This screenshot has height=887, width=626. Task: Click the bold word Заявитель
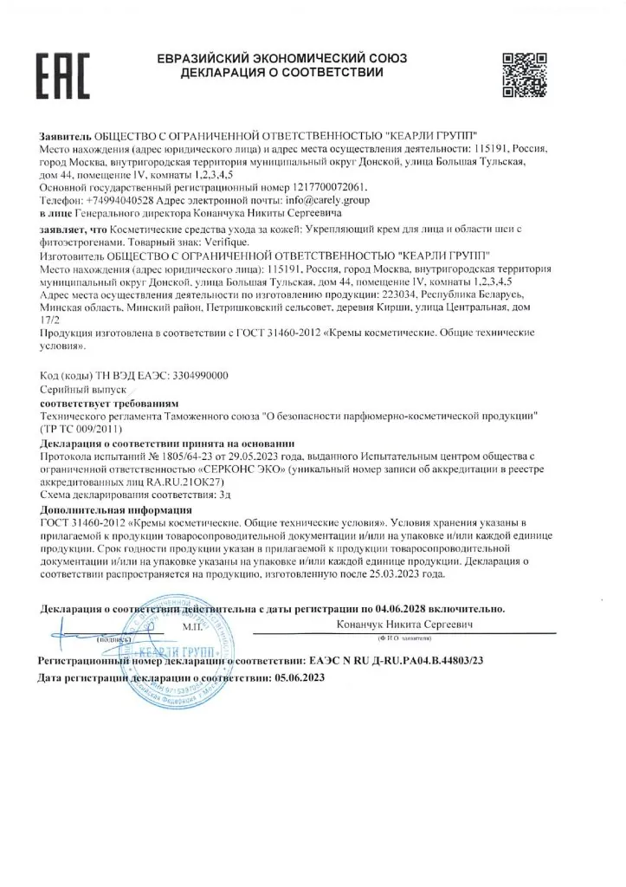[x=64, y=137]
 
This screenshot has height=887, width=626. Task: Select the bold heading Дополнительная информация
[x=106, y=511]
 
